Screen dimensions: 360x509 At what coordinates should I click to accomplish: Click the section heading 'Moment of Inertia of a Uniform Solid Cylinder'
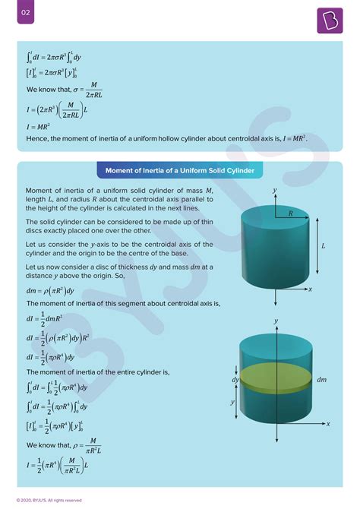180,168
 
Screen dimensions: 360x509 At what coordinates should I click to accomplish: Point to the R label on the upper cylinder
289,214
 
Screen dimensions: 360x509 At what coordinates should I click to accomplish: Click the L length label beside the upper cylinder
323,246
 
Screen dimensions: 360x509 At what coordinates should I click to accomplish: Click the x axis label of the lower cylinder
329,425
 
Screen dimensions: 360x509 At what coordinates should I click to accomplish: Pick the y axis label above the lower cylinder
276,321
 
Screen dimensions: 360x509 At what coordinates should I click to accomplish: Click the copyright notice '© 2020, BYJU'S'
47,500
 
